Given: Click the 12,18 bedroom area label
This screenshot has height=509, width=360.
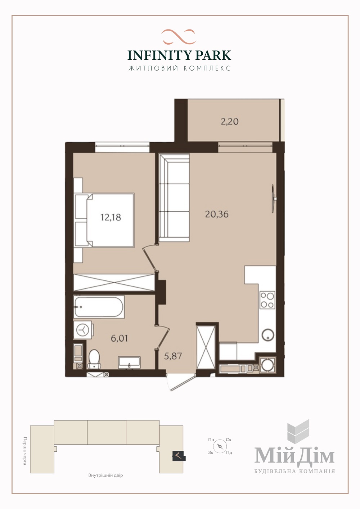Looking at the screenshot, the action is [111, 217].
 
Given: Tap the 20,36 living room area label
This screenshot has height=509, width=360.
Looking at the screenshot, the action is [217, 214].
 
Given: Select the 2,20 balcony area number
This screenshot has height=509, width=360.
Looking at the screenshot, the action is [230, 122].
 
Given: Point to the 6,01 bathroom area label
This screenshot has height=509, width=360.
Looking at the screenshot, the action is [119, 338].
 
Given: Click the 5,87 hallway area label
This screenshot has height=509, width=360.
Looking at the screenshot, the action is [173, 356].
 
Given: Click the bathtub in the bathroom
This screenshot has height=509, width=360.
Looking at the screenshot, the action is [99, 307].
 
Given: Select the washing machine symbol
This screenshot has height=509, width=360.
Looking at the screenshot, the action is [83, 330].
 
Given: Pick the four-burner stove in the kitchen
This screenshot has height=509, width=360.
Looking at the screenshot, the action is [267, 300].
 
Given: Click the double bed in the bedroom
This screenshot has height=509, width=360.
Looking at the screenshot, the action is [104, 220].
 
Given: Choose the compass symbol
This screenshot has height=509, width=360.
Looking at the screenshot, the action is [220, 446].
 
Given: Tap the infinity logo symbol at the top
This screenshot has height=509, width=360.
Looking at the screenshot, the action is [179, 37].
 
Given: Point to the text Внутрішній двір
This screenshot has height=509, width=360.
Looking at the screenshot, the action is [106, 475].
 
